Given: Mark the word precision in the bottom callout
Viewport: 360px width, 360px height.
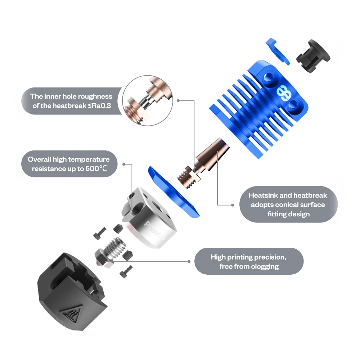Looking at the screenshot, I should [269, 257].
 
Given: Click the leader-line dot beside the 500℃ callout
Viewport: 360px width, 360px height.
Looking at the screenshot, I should [123, 164].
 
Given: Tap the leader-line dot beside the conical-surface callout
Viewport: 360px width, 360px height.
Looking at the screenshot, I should [233, 205].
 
